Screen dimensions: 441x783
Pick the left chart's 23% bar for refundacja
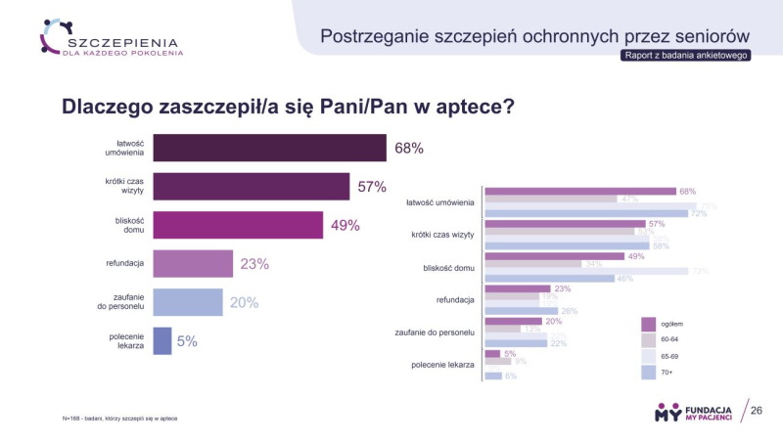[193, 264]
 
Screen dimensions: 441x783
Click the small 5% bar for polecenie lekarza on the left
[162, 340]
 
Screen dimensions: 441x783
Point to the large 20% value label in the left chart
[244, 302]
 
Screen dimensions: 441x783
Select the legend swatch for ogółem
[648, 324]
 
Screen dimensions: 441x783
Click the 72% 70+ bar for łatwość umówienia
[587, 213]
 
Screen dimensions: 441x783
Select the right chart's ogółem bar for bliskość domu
[554, 256]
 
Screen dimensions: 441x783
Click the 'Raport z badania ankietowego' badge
[685, 56]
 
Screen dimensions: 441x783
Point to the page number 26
[756, 411]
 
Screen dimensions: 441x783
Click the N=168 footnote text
[119, 419]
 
